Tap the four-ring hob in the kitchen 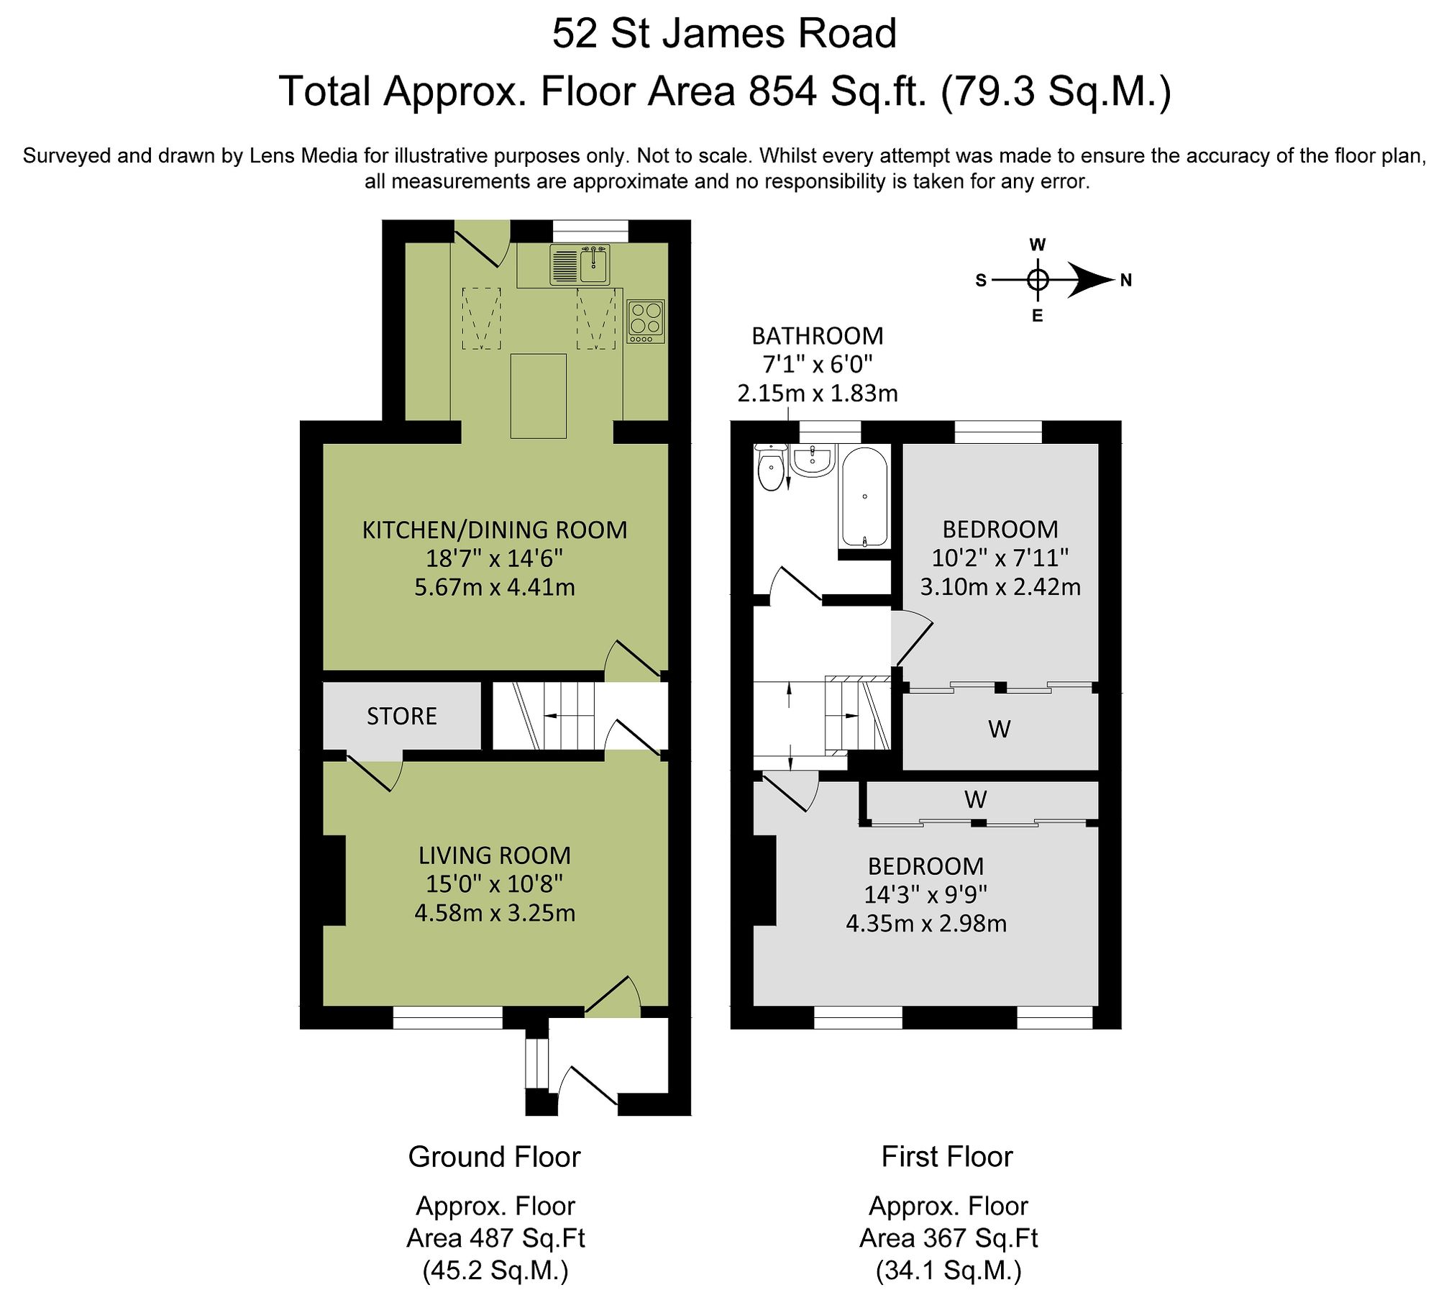[645, 321]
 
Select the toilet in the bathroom [771, 468]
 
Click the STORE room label [402, 717]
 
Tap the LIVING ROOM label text [495, 855]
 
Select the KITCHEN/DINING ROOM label [495, 530]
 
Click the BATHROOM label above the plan [818, 336]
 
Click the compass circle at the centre [1037, 280]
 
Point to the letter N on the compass [1126, 281]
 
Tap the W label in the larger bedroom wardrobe [975, 799]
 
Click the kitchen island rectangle [538, 396]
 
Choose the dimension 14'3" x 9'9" [925, 894]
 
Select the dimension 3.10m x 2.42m [1000, 587]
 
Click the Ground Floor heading [494, 1157]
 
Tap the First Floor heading [947, 1157]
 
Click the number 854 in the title [782, 91]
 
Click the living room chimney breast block [334, 880]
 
